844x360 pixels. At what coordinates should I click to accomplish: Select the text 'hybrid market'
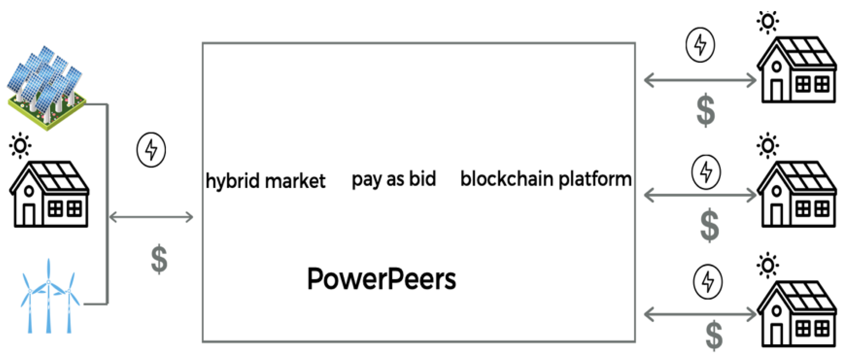(265, 181)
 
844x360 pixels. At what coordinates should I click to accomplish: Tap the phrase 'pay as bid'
(394, 180)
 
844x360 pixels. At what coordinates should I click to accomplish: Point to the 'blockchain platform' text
(546, 180)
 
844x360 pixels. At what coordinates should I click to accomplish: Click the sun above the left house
(20, 145)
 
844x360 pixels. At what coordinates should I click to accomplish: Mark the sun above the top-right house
(768, 22)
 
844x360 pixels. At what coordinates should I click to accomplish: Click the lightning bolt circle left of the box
(151, 150)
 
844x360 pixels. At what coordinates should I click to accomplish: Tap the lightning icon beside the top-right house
(700, 45)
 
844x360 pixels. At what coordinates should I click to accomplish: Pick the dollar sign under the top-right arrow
(706, 110)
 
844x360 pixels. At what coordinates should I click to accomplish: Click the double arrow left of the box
(151, 217)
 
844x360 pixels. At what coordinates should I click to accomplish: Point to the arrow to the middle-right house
(700, 195)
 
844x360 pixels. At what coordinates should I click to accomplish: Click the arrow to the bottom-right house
(700, 314)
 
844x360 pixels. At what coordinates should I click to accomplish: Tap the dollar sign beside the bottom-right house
(714, 335)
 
